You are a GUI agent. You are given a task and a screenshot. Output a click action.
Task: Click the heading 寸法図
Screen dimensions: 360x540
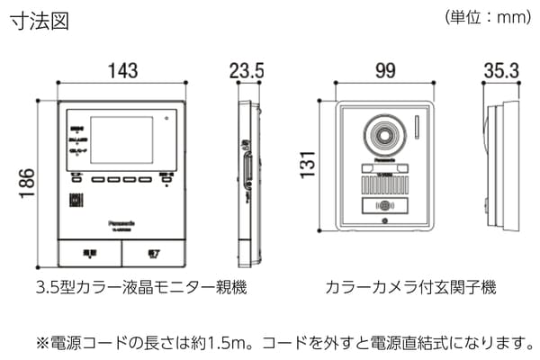[x=39, y=21]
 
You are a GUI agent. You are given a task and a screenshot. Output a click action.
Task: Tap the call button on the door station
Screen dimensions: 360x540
[x=384, y=205]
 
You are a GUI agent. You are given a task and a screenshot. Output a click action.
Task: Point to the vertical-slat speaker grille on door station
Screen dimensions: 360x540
[x=384, y=185]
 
